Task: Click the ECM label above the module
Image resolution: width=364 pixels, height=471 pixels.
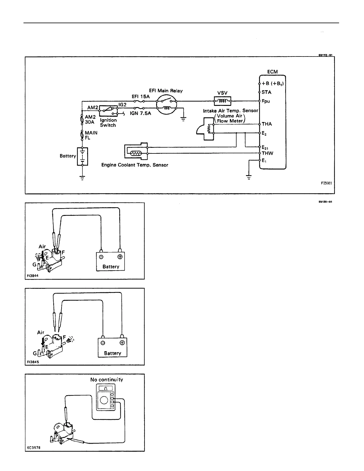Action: [x=272, y=72]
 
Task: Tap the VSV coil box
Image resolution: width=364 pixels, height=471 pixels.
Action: [x=222, y=101]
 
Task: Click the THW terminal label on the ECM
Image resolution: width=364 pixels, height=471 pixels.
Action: [x=267, y=153]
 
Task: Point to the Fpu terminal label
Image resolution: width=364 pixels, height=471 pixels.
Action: [x=266, y=101]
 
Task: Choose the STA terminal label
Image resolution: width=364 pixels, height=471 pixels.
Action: [x=266, y=92]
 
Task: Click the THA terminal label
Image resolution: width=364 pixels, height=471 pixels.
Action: [x=266, y=124]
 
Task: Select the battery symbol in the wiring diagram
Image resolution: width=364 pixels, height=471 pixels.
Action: [x=82, y=156]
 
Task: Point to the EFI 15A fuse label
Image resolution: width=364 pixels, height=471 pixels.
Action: [x=141, y=96]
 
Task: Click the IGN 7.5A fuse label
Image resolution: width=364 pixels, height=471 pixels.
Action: [x=140, y=113]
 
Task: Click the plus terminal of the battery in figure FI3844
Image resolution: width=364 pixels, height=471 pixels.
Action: [x=120, y=257]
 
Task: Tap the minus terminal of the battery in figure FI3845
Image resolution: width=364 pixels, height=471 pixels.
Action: [x=103, y=343]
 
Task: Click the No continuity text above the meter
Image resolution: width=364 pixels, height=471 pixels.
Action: [x=106, y=379]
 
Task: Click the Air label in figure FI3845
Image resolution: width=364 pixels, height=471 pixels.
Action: [x=41, y=332]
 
